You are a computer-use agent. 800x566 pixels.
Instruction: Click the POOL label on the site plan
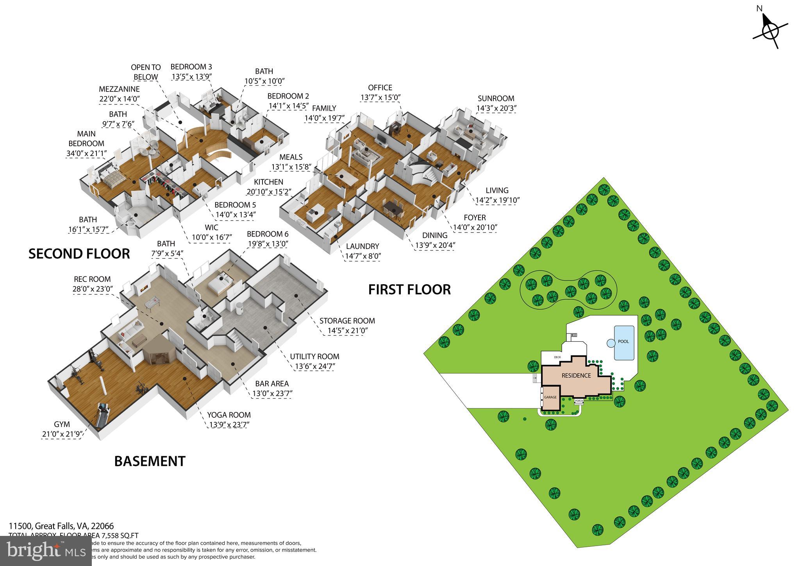click(623, 341)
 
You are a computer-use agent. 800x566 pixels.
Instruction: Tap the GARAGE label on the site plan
click(550, 397)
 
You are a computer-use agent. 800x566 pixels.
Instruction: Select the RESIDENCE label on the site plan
click(576, 376)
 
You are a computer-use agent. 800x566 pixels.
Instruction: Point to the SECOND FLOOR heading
click(79, 254)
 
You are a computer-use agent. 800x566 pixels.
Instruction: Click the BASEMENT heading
click(150, 461)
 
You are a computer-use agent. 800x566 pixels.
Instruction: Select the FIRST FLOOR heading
click(409, 290)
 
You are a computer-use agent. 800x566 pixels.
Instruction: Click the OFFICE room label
click(380, 88)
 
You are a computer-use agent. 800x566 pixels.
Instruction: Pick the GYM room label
click(62, 424)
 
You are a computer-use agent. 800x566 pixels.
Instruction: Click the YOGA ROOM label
click(229, 415)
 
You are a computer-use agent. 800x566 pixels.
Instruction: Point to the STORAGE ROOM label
click(347, 321)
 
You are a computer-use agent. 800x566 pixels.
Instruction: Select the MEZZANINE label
click(119, 89)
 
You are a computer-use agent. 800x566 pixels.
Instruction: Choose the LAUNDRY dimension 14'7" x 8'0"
click(362, 256)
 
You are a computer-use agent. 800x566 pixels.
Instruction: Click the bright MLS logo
click(46, 551)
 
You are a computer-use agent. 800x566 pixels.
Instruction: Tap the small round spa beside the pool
click(611, 343)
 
